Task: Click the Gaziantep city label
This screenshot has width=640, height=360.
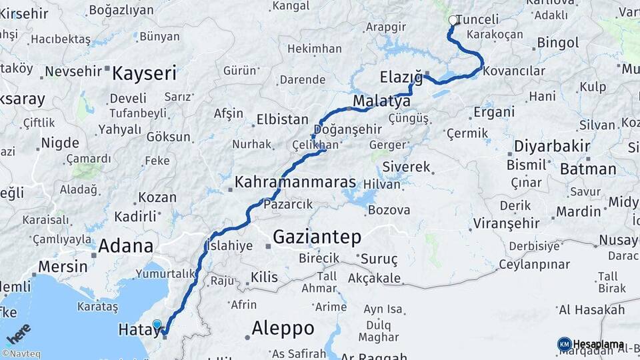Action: (317, 237)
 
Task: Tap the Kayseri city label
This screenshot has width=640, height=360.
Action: (144, 73)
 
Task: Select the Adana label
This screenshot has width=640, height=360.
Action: (125, 246)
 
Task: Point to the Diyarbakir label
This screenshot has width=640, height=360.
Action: (553, 146)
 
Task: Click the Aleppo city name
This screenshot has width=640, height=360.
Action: (283, 328)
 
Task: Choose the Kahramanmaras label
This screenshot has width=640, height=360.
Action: (295, 181)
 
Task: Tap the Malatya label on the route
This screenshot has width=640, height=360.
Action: (381, 102)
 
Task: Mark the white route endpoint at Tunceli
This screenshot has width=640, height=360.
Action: (453, 21)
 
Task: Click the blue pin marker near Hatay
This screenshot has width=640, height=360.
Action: (157, 325)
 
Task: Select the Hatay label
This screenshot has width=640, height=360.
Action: (137, 330)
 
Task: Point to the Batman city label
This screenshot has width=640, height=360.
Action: (588, 169)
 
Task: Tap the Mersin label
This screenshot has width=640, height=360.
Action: (63, 266)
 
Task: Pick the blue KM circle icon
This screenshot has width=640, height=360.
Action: (564, 344)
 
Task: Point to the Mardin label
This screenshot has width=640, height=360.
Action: (579, 212)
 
